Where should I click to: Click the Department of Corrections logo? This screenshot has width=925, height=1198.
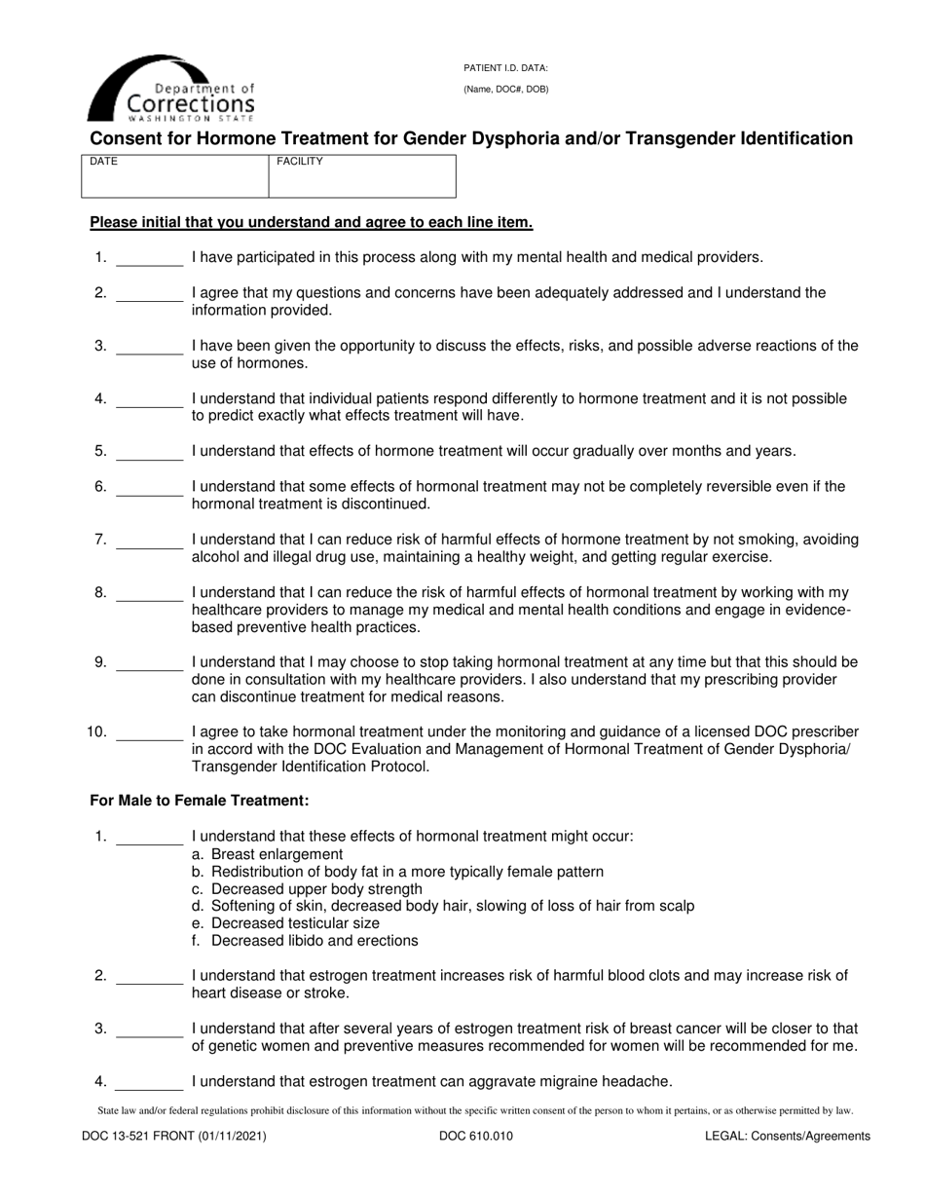point(171,89)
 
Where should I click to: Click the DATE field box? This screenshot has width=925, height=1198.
point(175,176)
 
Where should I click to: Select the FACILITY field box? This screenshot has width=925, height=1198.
point(361,176)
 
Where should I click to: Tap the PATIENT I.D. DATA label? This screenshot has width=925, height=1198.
point(505,68)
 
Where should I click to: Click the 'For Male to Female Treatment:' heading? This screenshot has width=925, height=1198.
point(200,801)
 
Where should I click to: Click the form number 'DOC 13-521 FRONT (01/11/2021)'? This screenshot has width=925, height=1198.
point(178,1136)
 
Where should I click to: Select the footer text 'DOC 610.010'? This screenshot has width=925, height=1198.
point(476,1136)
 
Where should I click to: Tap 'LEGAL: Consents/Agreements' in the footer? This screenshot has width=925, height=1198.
point(788,1136)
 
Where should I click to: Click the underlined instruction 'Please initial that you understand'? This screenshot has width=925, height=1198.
point(311,222)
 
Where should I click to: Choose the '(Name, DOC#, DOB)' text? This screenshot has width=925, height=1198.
point(505,90)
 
